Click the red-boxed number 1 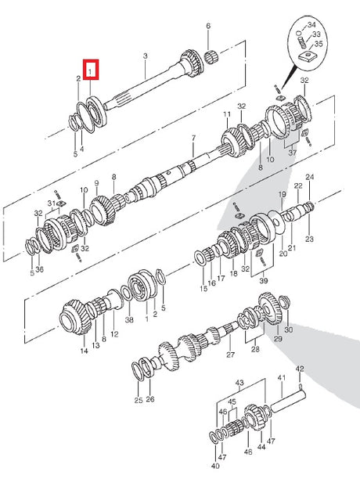[90, 72]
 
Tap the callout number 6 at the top [208, 26]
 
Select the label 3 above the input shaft [146, 56]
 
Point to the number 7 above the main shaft [193, 139]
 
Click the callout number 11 [227, 114]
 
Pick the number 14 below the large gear [84, 351]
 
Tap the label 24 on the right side [310, 177]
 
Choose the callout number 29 [278, 338]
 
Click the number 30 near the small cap [289, 330]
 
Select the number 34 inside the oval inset [311, 24]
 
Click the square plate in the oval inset [308, 56]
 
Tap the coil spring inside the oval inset [301, 41]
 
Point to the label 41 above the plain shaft [281, 378]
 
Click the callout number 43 [239, 383]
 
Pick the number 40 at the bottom [215, 466]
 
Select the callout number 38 [129, 319]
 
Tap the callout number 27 [231, 355]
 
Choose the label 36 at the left [40, 269]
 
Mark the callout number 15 [203, 288]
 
